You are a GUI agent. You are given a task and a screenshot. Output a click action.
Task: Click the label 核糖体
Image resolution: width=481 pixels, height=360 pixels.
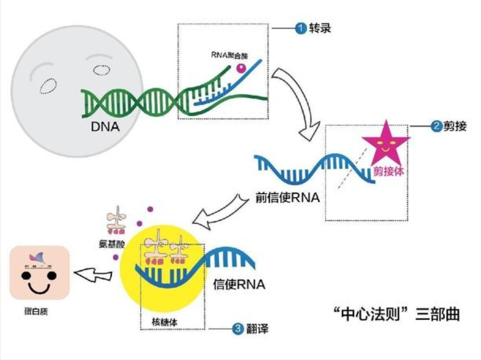tap(163, 323)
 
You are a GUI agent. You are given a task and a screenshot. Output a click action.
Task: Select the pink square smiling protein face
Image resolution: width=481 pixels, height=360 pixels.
tap(40, 272)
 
